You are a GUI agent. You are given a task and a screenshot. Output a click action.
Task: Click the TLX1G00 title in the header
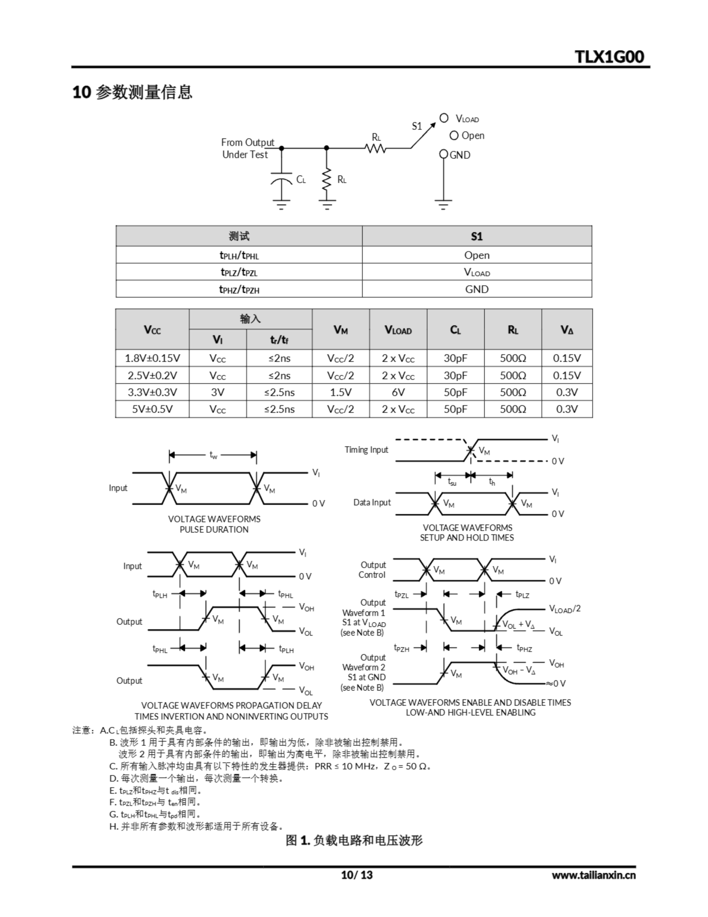(x=609, y=56)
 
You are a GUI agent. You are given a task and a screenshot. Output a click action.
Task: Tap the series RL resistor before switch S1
(x=375, y=148)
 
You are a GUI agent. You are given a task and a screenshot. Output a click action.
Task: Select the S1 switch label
(x=416, y=126)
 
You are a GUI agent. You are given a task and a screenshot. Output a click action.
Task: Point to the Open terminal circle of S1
(x=454, y=136)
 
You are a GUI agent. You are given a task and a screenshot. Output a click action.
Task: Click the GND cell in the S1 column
(x=476, y=289)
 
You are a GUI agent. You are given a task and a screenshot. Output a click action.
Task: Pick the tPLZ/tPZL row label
(x=239, y=272)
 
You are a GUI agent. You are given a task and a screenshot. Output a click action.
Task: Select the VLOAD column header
(x=398, y=330)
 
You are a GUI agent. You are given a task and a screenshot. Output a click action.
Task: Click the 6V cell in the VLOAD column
(x=398, y=392)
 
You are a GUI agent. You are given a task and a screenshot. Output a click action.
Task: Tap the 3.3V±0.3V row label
(x=152, y=392)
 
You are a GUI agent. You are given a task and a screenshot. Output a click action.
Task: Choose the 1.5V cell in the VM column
(x=340, y=392)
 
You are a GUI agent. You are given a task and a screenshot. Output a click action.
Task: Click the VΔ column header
(x=567, y=330)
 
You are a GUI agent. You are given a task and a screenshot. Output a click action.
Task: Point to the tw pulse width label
(x=214, y=455)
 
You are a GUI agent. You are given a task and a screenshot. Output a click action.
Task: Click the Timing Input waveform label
(x=367, y=450)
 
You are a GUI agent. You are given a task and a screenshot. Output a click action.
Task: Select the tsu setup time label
(x=452, y=482)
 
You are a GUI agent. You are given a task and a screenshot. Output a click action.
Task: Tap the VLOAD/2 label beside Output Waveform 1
(x=564, y=609)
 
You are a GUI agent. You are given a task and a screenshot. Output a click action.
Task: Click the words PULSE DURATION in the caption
(x=214, y=529)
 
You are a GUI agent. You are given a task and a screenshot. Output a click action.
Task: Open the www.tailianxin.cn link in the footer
(x=593, y=875)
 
